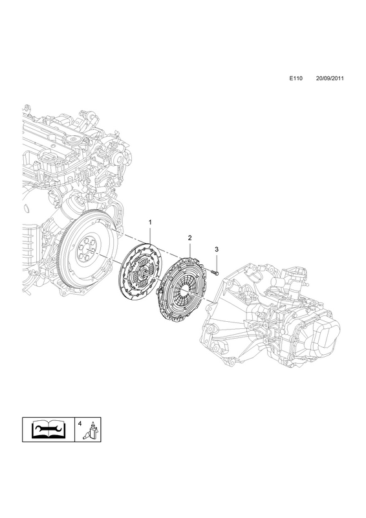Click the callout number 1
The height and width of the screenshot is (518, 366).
point(150,222)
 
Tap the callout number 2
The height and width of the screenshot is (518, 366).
point(189,238)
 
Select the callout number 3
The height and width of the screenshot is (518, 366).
point(217,249)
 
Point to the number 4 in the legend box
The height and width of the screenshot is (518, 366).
point(80,423)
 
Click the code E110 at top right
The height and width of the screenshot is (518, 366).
point(296,78)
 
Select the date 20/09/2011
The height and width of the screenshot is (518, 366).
point(330,78)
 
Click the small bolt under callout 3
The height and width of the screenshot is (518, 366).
point(214,273)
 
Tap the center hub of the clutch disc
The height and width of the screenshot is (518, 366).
point(142,272)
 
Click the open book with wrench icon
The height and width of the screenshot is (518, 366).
point(48,429)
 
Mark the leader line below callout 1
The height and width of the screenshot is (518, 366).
point(150,236)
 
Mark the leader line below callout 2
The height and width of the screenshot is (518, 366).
point(189,249)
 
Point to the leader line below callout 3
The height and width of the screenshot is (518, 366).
point(217,261)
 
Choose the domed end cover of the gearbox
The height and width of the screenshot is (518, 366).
point(326,333)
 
